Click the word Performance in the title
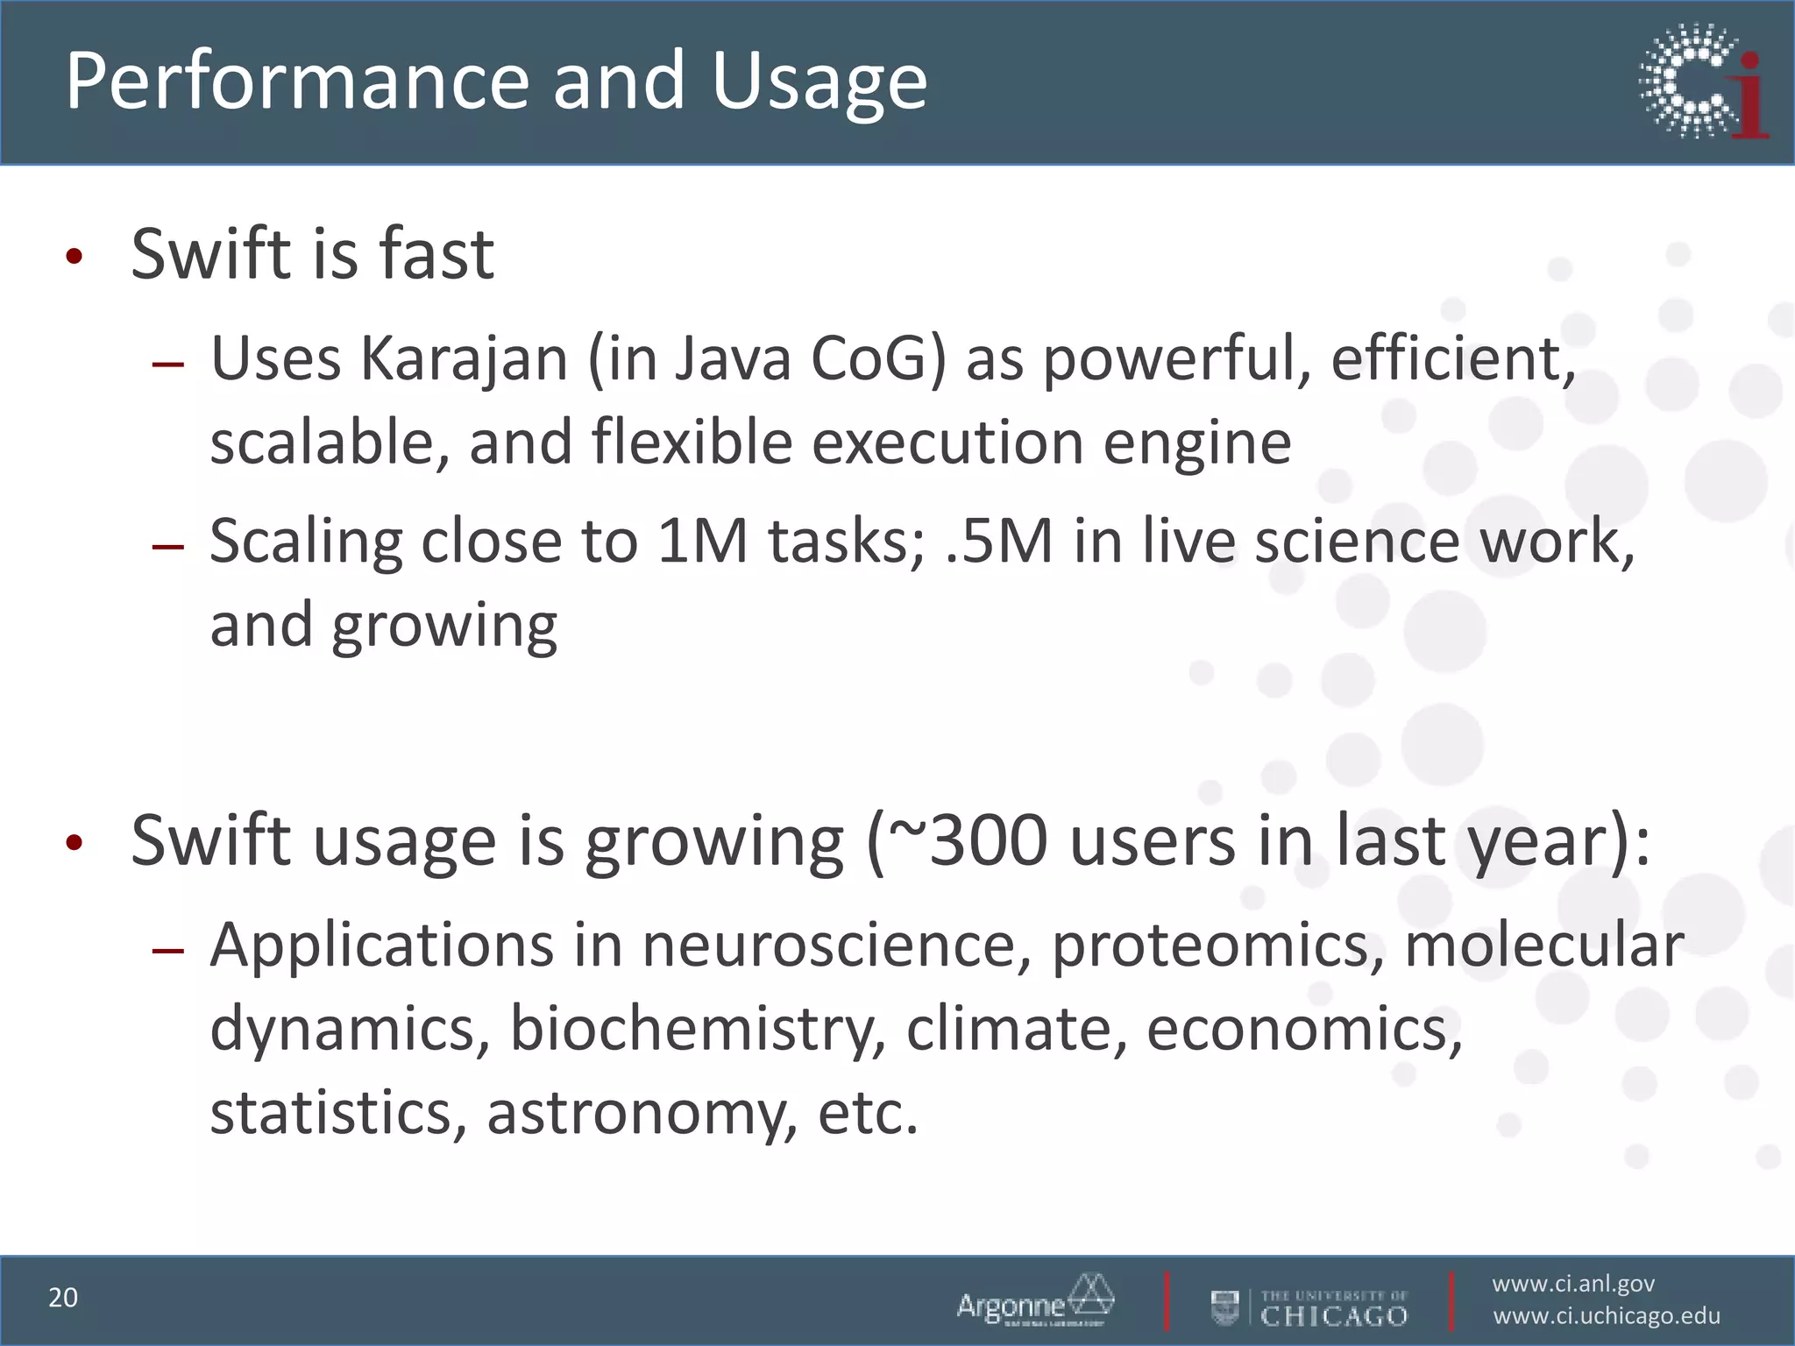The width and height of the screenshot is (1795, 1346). [299, 81]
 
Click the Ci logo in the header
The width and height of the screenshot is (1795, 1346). [1703, 81]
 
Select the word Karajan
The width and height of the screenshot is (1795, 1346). [465, 360]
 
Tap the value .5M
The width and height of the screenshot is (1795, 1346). [1000, 541]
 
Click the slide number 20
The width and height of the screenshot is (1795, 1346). [63, 1298]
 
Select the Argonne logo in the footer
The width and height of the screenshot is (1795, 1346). [1035, 1301]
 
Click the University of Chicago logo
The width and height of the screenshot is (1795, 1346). [1309, 1307]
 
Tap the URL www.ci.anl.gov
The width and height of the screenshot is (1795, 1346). [1573, 1284]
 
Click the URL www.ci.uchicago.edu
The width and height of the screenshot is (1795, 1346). [1607, 1316]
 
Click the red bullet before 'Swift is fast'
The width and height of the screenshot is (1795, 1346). [74, 257]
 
